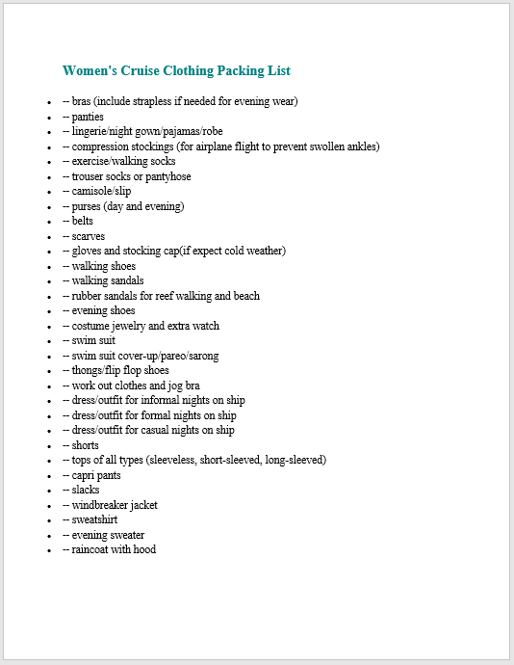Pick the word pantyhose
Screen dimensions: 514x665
(x=167, y=176)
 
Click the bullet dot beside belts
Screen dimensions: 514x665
(x=49, y=222)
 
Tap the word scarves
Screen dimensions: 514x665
(x=89, y=236)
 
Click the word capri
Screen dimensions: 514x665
(x=85, y=475)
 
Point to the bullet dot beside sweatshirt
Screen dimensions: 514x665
(x=49, y=520)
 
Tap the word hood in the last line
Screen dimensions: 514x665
(x=144, y=549)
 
